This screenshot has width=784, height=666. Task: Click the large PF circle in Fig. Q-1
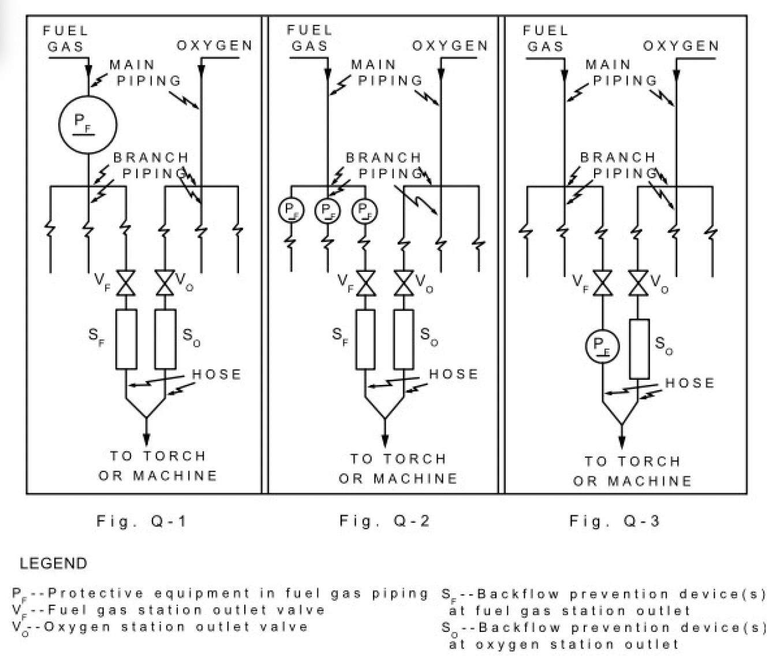coord(88,125)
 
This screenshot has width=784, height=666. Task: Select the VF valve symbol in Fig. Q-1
coord(126,283)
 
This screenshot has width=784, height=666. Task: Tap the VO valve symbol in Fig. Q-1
coord(165,283)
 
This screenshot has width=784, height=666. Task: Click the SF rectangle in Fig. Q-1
coord(126,339)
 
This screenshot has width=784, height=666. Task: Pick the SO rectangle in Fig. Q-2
coord(404,339)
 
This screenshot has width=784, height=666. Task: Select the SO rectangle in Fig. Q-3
coord(639,349)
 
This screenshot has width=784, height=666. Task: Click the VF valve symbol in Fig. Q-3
coord(602,283)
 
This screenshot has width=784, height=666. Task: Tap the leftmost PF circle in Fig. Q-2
coord(290,210)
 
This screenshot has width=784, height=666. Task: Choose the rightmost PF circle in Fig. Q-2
coord(364,210)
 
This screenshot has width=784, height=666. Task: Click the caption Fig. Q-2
coord(384,521)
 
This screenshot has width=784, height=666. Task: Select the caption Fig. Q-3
coord(614,521)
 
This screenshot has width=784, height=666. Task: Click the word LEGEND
coord(53,563)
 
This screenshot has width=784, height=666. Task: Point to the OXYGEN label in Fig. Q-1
coord(215,46)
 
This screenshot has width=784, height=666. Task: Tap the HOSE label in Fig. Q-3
coord(689,383)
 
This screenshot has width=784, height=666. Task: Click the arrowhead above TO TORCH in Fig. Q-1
coord(146,438)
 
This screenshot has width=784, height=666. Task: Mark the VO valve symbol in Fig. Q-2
coord(404,283)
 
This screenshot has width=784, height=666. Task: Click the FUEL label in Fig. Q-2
coord(309,30)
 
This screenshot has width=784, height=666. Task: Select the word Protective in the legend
coord(96,593)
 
